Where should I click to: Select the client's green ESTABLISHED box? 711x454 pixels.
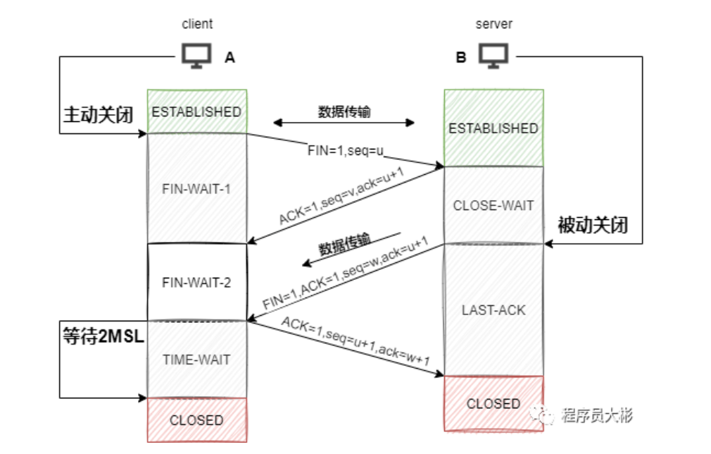click(196, 111)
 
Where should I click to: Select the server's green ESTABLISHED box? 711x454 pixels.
click(493, 128)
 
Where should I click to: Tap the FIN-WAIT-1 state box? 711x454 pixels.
click(196, 188)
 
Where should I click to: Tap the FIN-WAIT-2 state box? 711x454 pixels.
click(196, 282)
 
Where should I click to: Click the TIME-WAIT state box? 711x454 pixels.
click(196, 360)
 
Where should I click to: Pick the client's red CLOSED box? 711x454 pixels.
click(196, 420)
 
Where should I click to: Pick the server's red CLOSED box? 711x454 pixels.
click(493, 404)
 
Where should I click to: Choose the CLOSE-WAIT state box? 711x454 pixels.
click(493, 206)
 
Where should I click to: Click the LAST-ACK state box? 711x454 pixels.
click(493, 309)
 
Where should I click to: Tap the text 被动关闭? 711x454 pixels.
click(592, 226)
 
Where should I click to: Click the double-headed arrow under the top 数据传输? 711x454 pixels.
click(344, 123)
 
